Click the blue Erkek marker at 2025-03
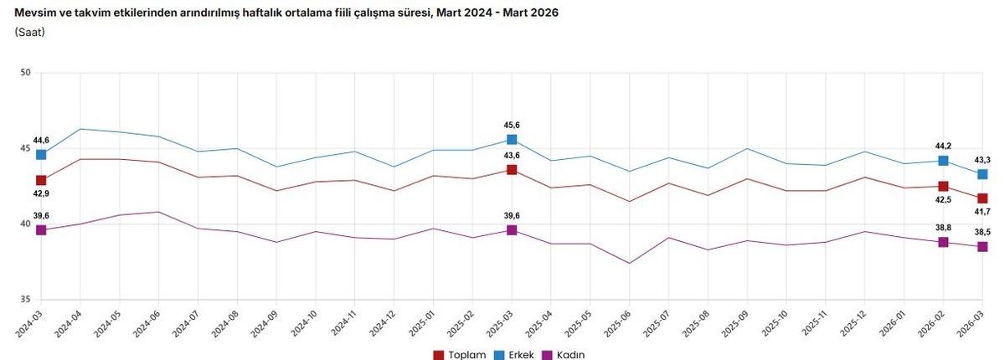click(512, 140)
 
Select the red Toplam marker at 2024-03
click(41, 180)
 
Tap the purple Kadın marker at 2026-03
click(982, 246)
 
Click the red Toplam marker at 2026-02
click(943, 186)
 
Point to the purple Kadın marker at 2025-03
click(512, 229)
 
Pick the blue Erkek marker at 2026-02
click(943, 161)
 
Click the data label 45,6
click(512, 126)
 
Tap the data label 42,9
click(41, 194)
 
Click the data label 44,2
click(943, 146)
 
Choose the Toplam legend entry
click(459, 355)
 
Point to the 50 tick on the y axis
click(25, 73)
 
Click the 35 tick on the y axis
click(25, 300)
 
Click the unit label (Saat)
click(30, 32)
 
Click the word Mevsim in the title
click(34, 13)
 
